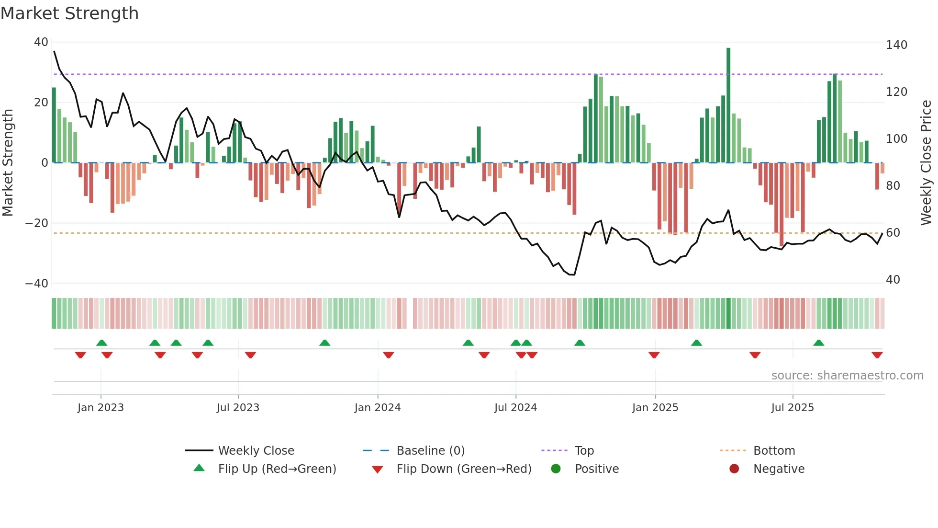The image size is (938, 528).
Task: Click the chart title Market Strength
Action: tap(69, 13)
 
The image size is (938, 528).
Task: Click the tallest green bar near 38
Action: tap(728, 105)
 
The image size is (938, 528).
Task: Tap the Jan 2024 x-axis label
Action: tap(378, 408)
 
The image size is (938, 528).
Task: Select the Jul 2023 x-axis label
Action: tap(238, 408)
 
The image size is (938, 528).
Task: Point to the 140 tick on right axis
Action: tap(896, 45)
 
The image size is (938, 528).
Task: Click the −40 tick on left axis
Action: tap(37, 284)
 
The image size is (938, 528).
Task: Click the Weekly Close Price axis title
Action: tap(926, 163)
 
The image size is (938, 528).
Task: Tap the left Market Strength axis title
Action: tap(8, 163)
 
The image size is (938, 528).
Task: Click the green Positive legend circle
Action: tap(556, 469)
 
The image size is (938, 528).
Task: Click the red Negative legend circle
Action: tap(734, 469)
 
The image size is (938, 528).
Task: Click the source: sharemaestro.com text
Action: tap(847, 376)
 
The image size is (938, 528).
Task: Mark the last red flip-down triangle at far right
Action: tap(877, 355)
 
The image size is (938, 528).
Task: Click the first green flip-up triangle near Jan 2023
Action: tap(101, 343)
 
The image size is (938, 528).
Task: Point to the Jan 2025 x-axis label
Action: tap(655, 408)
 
